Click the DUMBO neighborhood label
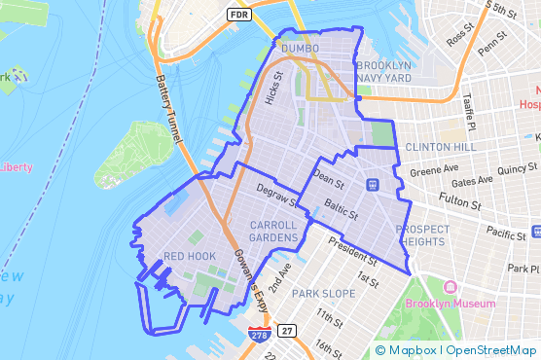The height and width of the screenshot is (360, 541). pyautogui.click(x=300, y=48)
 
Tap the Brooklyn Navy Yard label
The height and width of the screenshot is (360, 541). pyautogui.click(x=384, y=71)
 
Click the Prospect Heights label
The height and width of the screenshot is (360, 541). pyautogui.click(x=423, y=235)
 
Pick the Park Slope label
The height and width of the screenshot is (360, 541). pyautogui.click(x=326, y=293)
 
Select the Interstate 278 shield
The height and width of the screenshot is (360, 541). pyautogui.click(x=259, y=334)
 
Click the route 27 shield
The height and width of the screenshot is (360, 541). pyautogui.click(x=287, y=331)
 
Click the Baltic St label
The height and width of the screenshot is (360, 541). pyautogui.click(x=343, y=209)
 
